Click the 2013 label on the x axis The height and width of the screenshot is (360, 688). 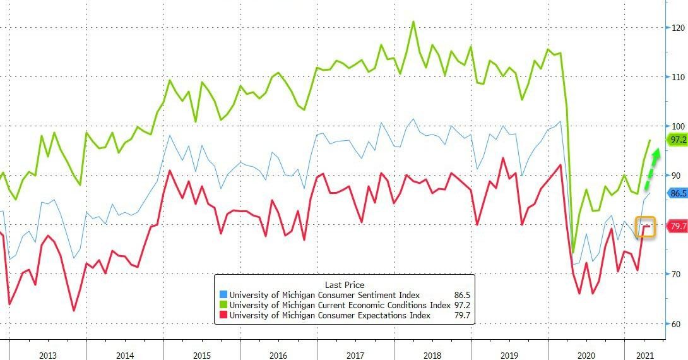click(48, 355)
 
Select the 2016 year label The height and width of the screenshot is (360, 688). click(278, 355)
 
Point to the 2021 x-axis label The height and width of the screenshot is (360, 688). click(644, 355)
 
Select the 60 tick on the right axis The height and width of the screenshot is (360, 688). click(676, 324)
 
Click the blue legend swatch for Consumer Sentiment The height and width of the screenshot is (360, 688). click(223, 295)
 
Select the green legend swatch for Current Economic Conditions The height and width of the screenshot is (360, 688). click(223, 305)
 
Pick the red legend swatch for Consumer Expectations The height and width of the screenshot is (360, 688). click(223, 315)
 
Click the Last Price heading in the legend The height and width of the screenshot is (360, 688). click(344, 285)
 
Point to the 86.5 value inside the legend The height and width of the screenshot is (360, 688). click(461, 295)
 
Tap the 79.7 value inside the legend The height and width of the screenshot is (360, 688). click(461, 315)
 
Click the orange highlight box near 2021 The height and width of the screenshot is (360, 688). click(645, 227)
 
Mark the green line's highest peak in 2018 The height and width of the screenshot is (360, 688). click(413, 21)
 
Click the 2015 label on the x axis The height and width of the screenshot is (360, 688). click(202, 355)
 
